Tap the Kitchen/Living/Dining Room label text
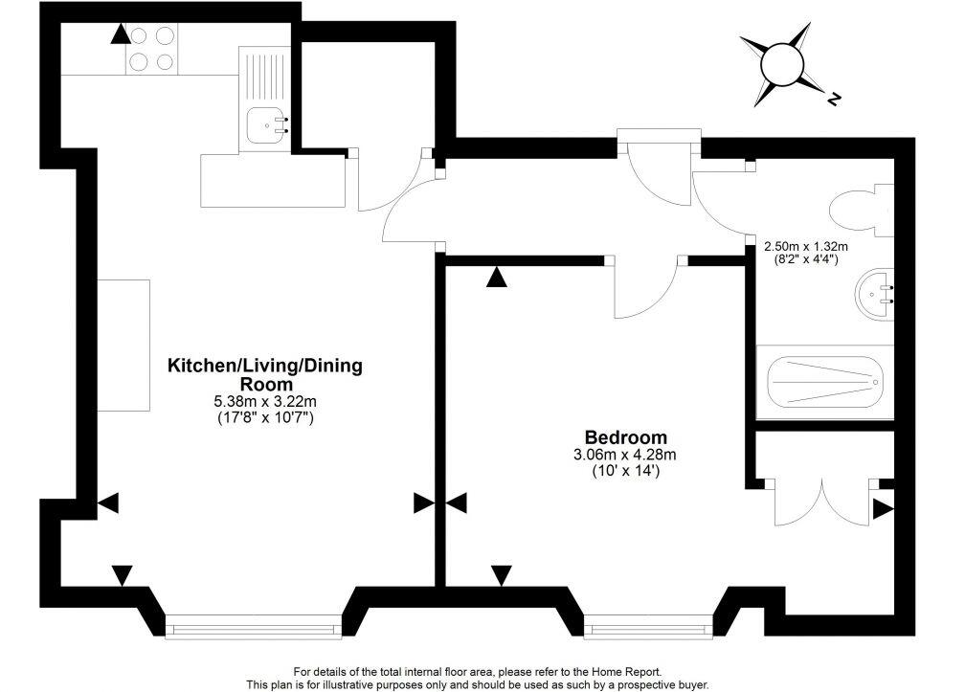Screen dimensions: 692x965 coord(252,373)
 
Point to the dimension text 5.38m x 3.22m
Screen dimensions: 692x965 coord(253,402)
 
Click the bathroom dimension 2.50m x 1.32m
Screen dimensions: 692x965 coord(806,246)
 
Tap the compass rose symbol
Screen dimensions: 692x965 coord(782,65)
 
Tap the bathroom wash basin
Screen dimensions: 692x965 coord(879,294)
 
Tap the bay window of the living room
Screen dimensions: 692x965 coord(253,628)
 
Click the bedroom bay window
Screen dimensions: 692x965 coord(649,629)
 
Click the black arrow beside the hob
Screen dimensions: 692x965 coord(119,35)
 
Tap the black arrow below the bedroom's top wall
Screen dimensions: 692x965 coord(495,279)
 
